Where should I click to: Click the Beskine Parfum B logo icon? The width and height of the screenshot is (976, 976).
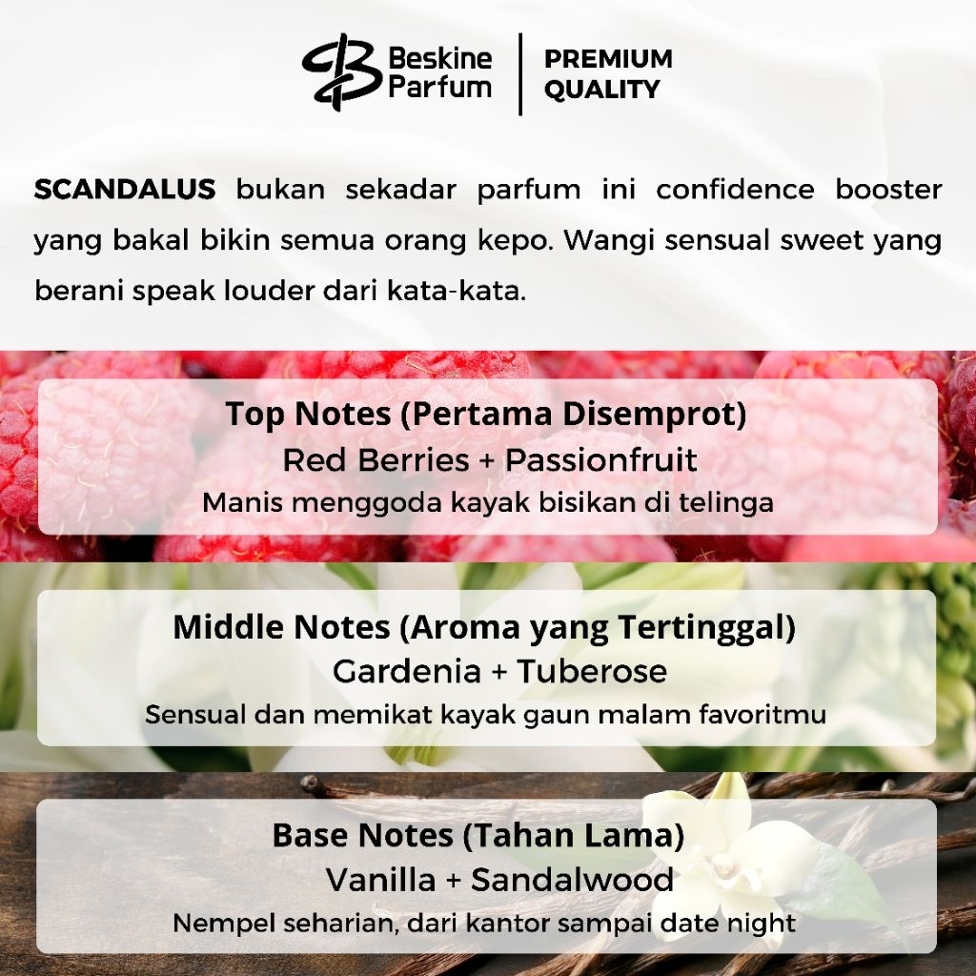tap(340, 72)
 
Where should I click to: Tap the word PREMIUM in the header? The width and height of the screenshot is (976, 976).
tap(608, 59)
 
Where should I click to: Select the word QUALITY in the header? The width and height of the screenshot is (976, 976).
tap(601, 90)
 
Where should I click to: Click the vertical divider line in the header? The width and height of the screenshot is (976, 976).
tap(520, 74)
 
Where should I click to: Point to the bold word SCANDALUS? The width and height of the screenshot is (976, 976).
tap(125, 190)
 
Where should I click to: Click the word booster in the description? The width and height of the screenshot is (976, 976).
tap(888, 190)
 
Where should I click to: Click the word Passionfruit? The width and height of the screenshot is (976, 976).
tap(600, 460)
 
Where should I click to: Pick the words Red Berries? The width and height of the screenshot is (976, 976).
tap(376, 460)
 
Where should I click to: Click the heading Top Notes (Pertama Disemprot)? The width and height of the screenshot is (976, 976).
tap(486, 414)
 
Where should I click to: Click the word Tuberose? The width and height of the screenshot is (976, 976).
tap(592, 671)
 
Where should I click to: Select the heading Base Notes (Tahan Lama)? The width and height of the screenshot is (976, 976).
tap(478, 835)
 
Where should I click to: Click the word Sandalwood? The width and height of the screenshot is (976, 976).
tap(572, 880)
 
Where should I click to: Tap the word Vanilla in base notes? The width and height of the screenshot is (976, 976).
tap(381, 880)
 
